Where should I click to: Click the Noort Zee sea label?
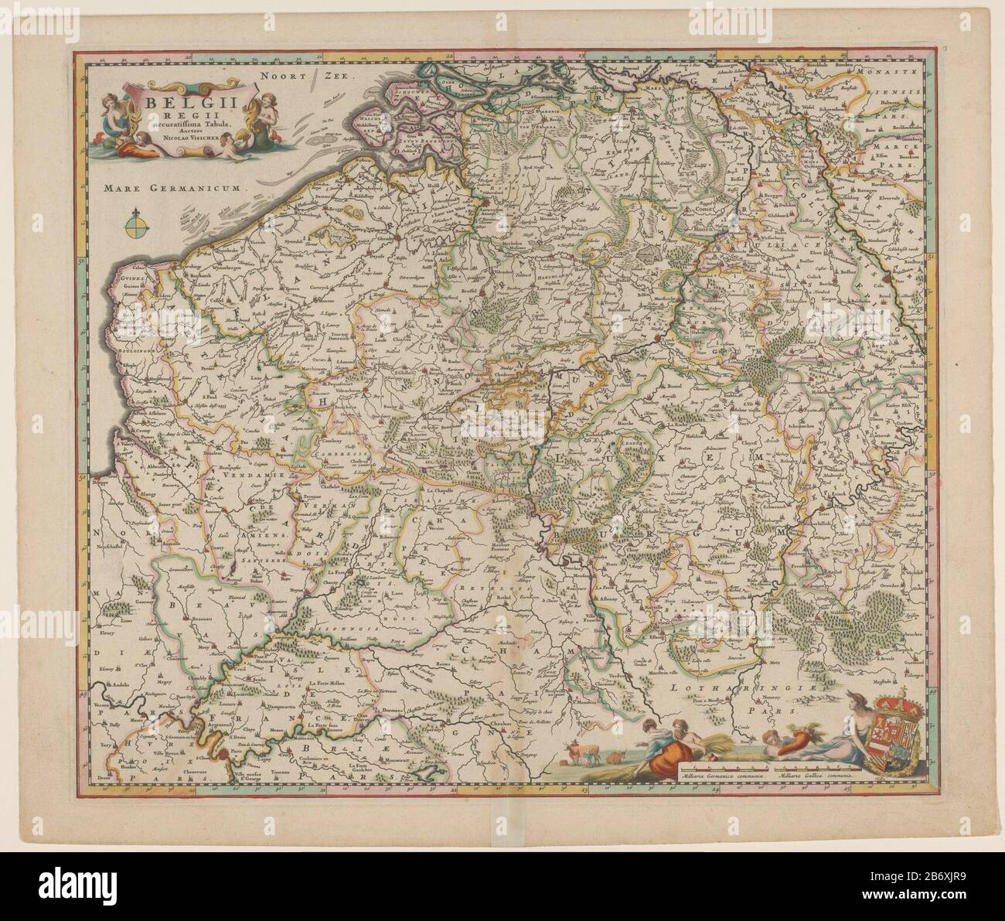tap(305, 77)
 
